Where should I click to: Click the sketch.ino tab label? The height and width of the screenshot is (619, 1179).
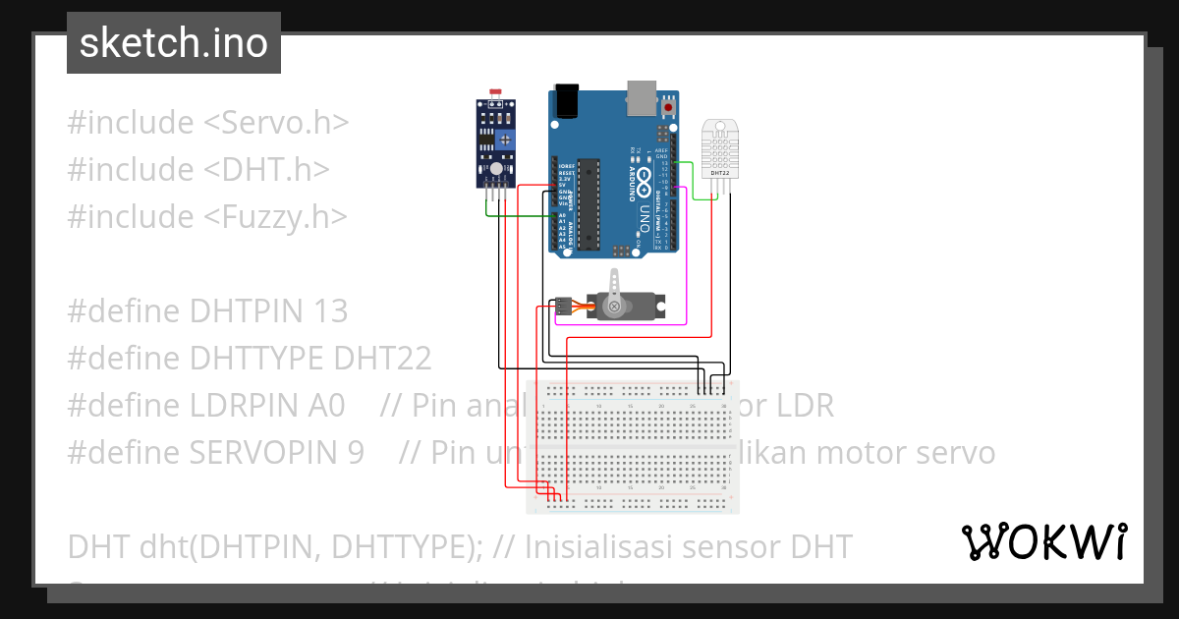173,43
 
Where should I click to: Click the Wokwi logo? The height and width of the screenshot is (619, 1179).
1043,542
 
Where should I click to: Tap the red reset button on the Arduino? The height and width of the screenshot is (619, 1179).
669,106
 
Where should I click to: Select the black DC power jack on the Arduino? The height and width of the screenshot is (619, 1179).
567,100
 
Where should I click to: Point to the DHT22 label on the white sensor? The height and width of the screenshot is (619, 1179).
719,173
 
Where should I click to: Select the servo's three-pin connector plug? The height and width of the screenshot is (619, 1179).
563,306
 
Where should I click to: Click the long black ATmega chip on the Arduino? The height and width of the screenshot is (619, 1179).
589,201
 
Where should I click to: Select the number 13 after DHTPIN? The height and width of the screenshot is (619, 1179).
330,311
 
